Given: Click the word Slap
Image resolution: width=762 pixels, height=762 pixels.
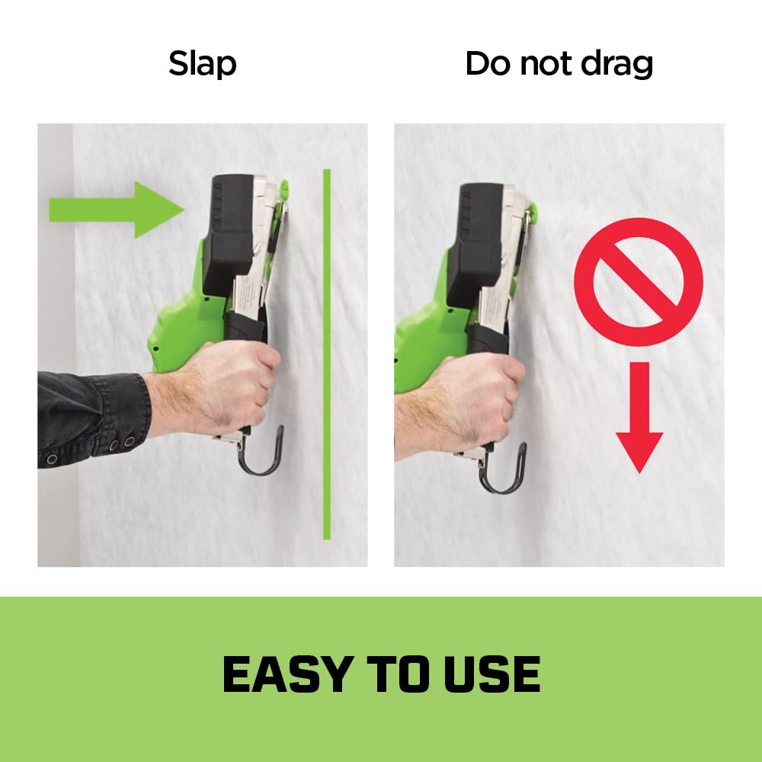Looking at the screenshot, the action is click(x=202, y=64).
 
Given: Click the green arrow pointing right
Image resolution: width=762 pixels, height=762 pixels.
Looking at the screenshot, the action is click(x=117, y=210).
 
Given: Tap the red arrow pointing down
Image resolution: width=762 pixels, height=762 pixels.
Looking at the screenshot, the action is click(x=639, y=417).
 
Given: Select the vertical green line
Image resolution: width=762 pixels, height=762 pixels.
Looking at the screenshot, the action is click(x=327, y=354).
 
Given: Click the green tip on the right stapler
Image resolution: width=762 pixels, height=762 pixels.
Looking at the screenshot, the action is click(x=533, y=213).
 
